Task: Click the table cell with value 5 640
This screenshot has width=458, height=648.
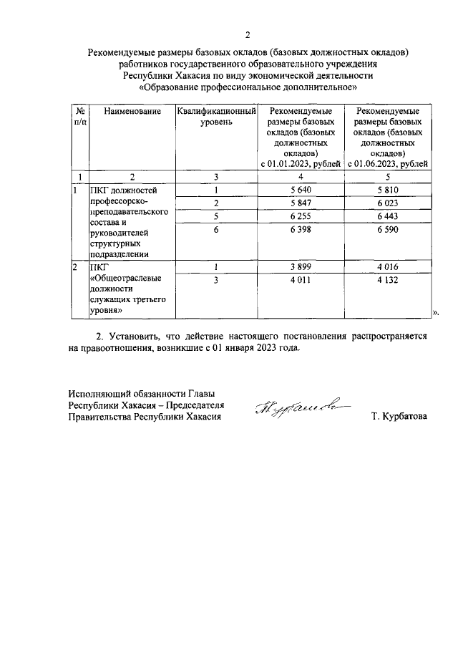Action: point(300,190)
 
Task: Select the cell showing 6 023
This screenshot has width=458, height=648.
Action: point(391,203)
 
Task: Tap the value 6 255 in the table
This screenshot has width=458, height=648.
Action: point(300,216)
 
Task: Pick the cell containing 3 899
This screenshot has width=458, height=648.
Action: point(300,267)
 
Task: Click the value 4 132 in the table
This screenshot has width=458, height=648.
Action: point(391,280)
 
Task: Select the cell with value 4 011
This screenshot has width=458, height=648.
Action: point(300,280)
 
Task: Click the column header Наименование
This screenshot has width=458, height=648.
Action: point(132,112)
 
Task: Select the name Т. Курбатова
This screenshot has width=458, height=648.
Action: point(399,415)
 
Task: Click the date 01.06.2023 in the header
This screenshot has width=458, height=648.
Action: point(372,164)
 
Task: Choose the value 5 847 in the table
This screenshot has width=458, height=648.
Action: point(300,203)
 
